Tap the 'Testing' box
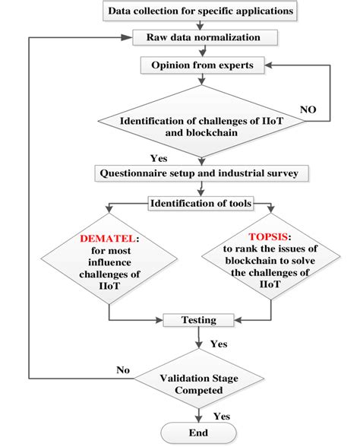198,320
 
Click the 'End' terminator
199,433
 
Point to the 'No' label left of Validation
122,370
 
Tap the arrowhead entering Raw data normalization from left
129,37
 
